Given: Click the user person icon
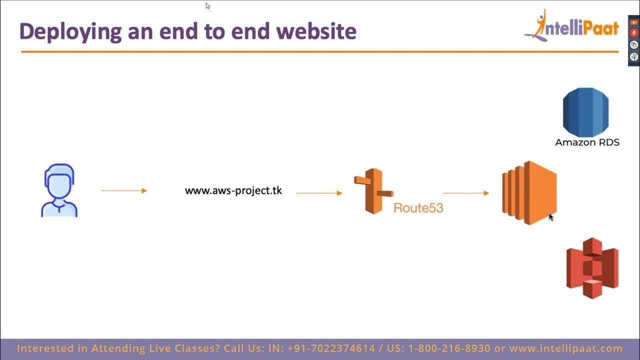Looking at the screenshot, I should (59, 190).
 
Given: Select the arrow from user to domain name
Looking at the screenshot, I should (123, 190).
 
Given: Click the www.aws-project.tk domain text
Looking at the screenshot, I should (233, 190).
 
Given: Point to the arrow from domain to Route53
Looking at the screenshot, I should (319, 193).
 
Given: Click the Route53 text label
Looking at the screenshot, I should (418, 207).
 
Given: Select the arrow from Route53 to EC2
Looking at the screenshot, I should (465, 193).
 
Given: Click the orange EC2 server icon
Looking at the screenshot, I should (529, 192).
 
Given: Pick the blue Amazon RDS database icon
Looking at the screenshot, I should (585, 112).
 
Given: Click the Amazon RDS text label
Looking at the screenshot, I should (587, 142).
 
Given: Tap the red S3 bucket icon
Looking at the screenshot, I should (592, 268).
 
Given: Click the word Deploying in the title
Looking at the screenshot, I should (70, 32).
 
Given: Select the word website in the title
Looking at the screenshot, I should (316, 31).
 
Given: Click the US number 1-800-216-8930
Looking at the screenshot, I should (449, 348).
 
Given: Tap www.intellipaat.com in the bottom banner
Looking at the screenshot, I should (566, 348).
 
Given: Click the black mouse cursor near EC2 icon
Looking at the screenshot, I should (550, 217).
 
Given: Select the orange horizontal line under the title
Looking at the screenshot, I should (320, 51).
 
